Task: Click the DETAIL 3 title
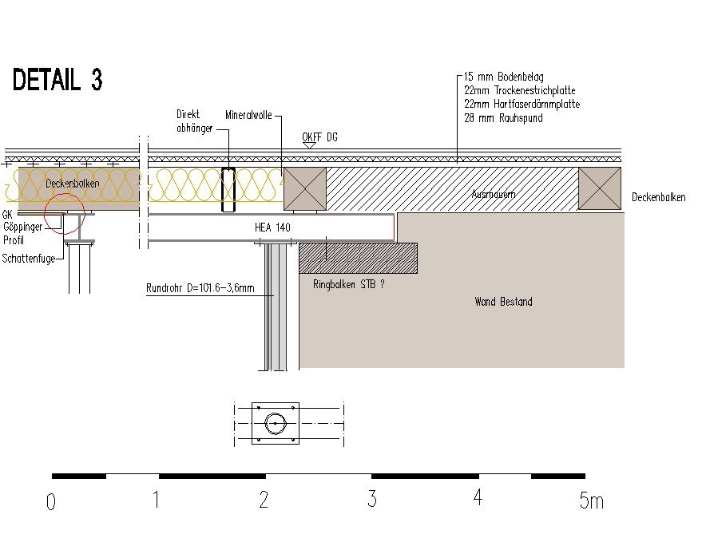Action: (58, 80)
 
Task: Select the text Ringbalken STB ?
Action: (349, 283)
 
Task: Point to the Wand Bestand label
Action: (503, 302)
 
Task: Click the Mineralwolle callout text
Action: (248, 115)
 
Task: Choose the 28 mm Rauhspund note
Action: (503, 118)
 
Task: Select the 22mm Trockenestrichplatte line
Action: (519, 91)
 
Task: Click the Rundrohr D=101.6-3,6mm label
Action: (200, 288)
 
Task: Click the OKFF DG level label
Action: (319, 137)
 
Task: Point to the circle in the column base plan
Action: (275, 422)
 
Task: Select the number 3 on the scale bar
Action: (372, 500)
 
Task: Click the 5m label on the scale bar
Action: (591, 500)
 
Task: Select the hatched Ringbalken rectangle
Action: (358, 258)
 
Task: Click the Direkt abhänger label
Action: (194, 121)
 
